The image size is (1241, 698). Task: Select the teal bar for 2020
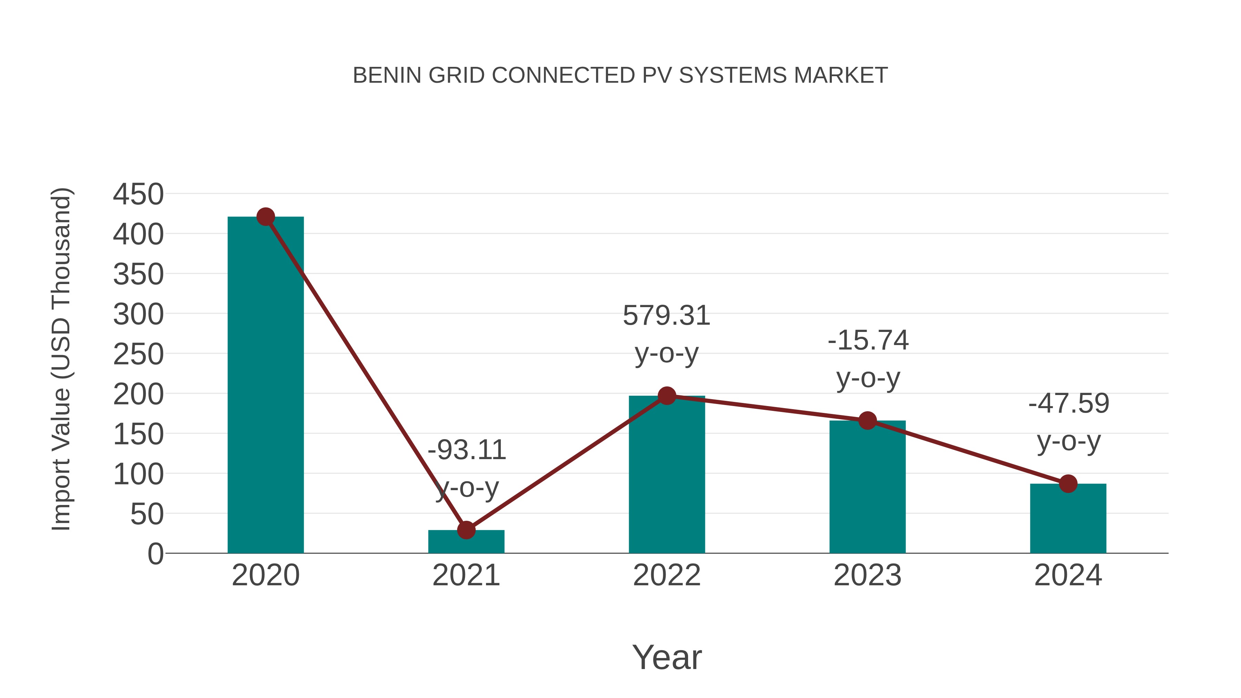tap(265, 385)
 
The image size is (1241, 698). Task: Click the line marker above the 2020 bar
tap(265, 217)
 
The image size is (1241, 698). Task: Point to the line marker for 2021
tap(466, 530)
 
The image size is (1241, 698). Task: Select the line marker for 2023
tap(867, 421)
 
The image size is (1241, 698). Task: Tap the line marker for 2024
tap(1068, 484)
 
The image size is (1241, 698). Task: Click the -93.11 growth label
tap(467, 451)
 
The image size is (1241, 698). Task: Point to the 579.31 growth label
tap(667, 316)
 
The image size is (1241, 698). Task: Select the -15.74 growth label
tap(868, 341)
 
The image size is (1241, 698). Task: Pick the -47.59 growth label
tap(1069, 404)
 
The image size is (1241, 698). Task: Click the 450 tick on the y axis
tap(138, 195)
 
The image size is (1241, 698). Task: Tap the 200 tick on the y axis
tap(138, 395)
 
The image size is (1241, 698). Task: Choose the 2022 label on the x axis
tap(667, 575)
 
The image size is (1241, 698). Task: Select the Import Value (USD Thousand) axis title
tap(62, 359)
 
